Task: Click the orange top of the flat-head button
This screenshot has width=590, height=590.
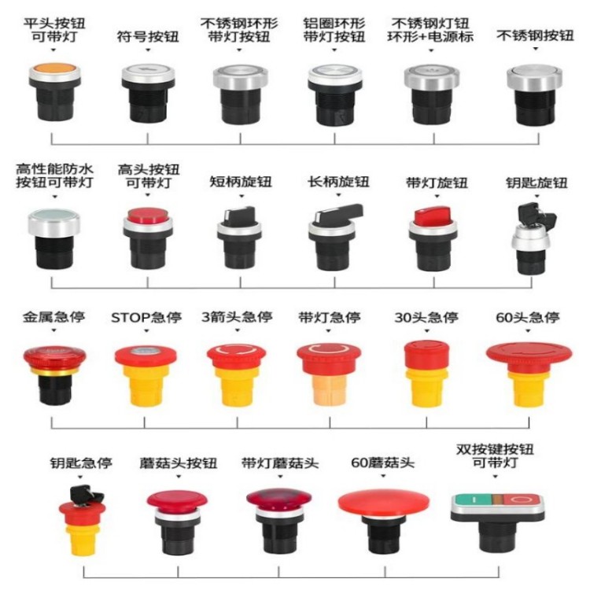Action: point(55,68)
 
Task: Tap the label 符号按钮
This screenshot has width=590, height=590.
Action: point(148,37)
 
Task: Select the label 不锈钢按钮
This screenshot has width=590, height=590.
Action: point(535,35)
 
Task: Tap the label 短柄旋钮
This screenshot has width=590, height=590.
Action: point(241,183)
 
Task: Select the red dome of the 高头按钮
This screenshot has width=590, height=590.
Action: point(147,215)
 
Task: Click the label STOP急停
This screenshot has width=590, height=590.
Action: point(146,318)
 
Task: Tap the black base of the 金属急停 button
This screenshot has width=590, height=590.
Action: point(55,389)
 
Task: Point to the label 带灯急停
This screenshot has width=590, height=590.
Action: point(330,318)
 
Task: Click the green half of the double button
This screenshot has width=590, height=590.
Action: point(473,500)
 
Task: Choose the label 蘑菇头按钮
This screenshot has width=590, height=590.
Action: point(179,463)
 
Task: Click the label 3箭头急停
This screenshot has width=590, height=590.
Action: point(237,318)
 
